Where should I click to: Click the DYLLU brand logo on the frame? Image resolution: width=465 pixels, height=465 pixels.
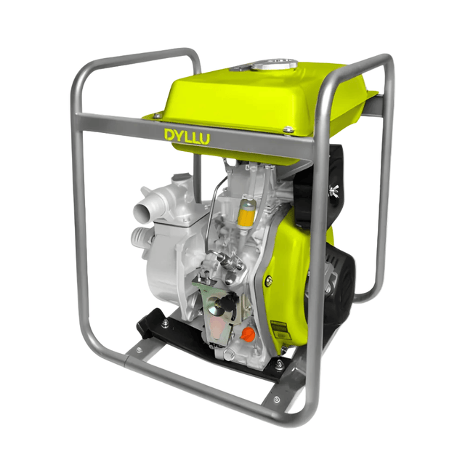pos(187,135)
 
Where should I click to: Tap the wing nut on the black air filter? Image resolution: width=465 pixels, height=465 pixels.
pos(336,191)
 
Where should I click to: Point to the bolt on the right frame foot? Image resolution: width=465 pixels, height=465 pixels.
pos(277,399)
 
